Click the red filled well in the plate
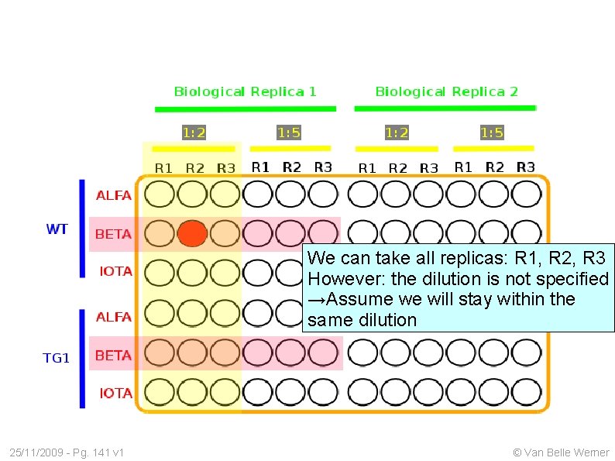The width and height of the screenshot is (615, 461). pyautogui.click(x=193, y=233)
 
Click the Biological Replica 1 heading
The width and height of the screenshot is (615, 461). pyautogui.click(x=245, y=91)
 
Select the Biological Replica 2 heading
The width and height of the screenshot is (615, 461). pyautogui.click(x=446, y=91)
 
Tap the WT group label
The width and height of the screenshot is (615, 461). pyautogui.click(x=57, y=229)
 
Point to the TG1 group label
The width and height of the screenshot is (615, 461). pyautogui.click(x=57, y=358)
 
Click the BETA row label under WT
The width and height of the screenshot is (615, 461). pyautogui.click(x=113, y=234)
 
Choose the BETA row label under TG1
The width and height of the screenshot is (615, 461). pyautogui.click(x=113, y=356)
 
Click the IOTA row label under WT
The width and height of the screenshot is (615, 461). pyautogui.click(x=115, y=271)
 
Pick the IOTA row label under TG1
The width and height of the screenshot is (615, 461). pyautogui.click(x=115, y=393)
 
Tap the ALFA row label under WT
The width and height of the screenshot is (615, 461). pyautogui.click(x=113, y=195)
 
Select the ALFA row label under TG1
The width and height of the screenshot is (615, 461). pyautogui.click(x=113, y=317)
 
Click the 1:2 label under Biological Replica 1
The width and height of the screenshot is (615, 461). pyautogui.click(x=194, y=132)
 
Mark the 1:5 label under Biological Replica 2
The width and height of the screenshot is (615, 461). pyautogui.click(x=492, y=132)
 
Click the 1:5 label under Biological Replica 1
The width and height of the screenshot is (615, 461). pyautogui.click(x=289, y=132)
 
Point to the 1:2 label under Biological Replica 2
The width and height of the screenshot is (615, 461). pyautogui.click(x=397, y=132)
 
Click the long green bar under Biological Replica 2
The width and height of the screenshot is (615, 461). pyautogui.click(x=445, y=108)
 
